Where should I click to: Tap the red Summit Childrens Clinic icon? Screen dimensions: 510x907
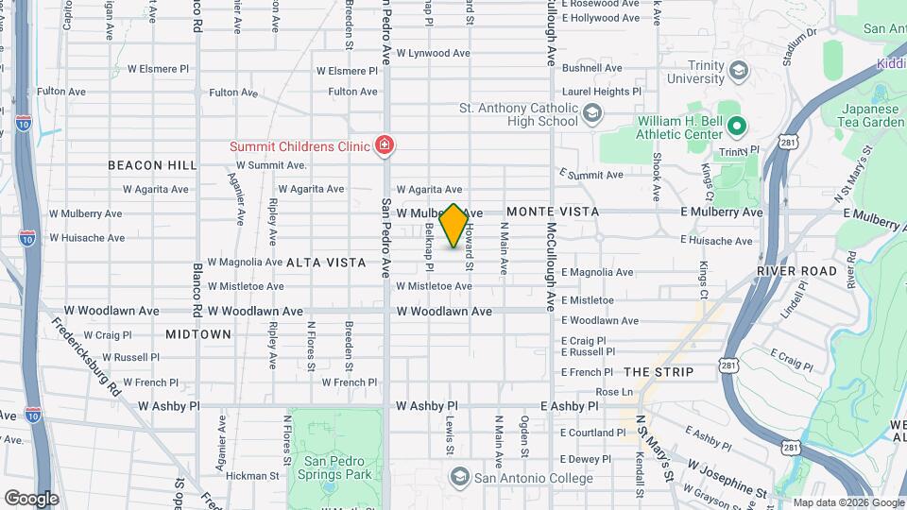click(x=385, y=144)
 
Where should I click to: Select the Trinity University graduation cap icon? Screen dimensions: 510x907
click(x=739, y=71)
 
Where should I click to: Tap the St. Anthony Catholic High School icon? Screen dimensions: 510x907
click(x=592, y=115)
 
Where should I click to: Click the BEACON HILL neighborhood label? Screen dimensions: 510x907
click(x=152, y=165)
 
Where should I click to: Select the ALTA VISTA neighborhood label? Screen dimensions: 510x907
click(x=326, y=263)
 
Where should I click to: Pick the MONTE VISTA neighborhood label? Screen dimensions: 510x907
click(x=553, y=212)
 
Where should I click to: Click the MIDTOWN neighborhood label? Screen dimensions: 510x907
click(x=198, y=334)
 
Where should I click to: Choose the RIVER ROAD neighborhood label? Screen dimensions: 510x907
click(x=796, y=271)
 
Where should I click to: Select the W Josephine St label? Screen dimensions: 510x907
click(x=727, y=480)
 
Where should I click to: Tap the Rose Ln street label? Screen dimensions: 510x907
click(x=614, y=392)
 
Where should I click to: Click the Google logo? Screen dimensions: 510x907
click(x=31, y=498)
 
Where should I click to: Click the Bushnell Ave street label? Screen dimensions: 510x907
click(x=591, y=68)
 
